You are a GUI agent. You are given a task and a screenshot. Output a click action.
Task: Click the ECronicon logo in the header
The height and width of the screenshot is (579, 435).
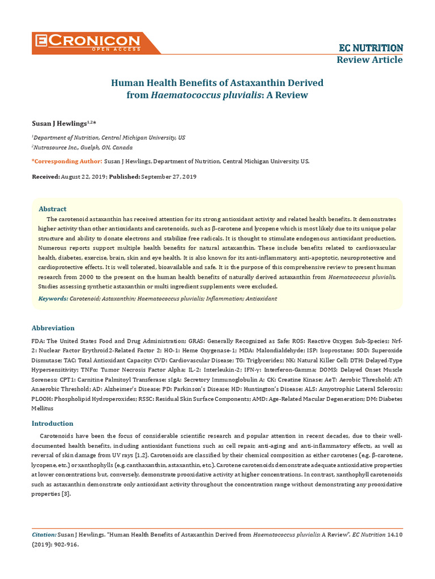[x=88, y=42]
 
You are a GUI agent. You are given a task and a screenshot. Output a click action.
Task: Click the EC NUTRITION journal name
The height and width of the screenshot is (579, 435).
[x=370, y=47]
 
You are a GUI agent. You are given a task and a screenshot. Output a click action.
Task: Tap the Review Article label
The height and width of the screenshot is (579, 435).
[x=370, y=60]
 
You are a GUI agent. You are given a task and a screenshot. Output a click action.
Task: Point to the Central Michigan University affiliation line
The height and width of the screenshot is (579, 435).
[x=108, y=137]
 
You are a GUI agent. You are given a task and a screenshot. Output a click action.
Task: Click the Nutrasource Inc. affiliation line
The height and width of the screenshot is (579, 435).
[x=83, y=148]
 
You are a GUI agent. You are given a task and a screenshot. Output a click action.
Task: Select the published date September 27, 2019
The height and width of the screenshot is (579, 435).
[x=169, y=176]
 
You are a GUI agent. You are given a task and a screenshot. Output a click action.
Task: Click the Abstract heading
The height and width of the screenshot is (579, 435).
[x=52, y=209]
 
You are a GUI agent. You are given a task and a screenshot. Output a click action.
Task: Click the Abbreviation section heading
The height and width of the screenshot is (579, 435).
[x=53, y=328]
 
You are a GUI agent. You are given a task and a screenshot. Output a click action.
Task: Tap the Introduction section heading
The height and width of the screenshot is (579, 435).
[x=52, y=424]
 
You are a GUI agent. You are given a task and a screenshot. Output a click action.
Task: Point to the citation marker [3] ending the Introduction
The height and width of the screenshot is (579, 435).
[x=66, y=494]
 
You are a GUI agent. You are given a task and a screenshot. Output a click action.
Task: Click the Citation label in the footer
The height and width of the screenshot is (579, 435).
[x=44, y=534]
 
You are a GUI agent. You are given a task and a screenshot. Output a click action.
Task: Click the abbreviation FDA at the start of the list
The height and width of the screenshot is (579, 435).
[x=37, y=342]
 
